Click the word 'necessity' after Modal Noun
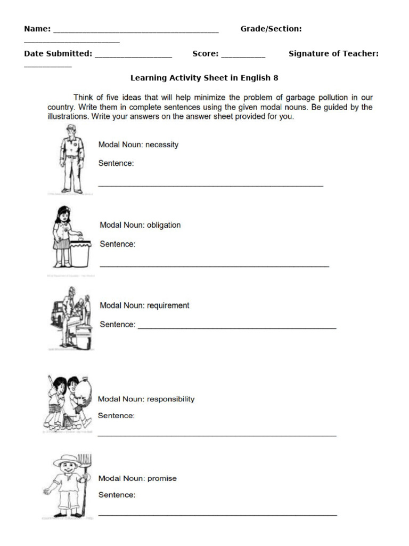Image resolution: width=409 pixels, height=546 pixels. click(161, 144)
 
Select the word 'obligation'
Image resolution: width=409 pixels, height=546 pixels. click(163, 225)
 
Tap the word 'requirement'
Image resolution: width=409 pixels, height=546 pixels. click(168, 306)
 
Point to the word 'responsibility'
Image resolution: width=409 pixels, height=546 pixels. click(170, 399)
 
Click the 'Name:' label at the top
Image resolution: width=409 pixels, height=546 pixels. click(37, 29)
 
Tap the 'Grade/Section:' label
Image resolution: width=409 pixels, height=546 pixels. click(271, 29)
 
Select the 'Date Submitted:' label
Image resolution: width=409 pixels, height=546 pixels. click(58, 54)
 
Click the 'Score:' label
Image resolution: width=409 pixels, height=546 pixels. click(205, 54)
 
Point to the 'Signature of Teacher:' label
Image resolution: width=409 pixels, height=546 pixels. click(333, 54)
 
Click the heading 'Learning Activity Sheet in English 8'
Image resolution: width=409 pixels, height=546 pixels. click(204, 78)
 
